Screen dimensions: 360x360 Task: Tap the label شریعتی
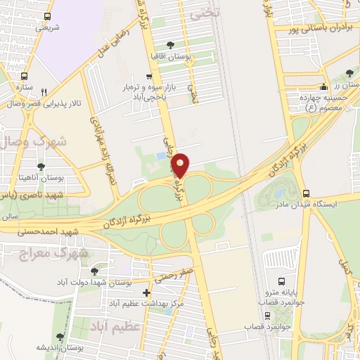coord(48,27)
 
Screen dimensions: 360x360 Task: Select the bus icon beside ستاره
coord(25,76)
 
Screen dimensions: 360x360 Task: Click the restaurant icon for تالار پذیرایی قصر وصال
coord(44,92)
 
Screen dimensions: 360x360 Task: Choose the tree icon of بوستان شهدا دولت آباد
coord(94,271)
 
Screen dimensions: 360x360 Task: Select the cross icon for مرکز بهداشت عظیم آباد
coord(146,292)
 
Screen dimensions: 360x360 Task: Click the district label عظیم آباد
coord(115,325)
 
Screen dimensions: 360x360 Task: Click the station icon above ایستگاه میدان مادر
coord(304,193)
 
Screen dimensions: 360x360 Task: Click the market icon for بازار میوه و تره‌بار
coord(148,77)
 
